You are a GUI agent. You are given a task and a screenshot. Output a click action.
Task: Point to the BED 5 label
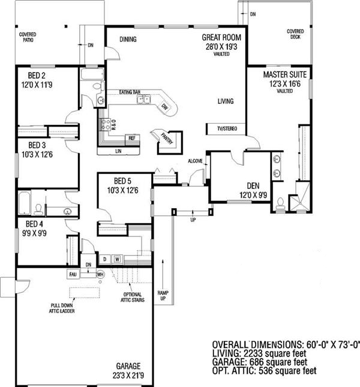click(126, 181)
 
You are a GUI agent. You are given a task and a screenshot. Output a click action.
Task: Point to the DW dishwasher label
click(164, 107)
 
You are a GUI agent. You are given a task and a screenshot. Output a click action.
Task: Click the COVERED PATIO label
click(29, 37)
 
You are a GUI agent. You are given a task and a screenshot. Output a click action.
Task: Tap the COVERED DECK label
click(295, 34)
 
